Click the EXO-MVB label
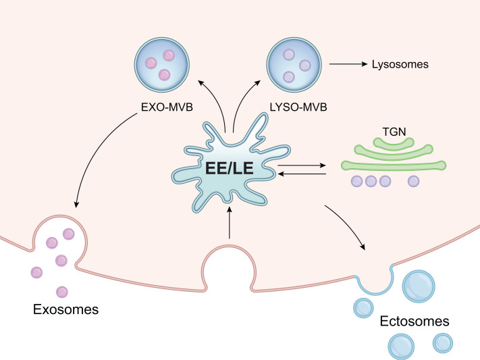[x=167, y=107]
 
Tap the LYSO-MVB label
[x=298, y=107]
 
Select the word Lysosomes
[x=400, y=64]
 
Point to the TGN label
[x=394, y=132]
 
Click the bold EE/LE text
[x=230, y=168]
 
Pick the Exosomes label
[x=65, y=309]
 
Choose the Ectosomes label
[x=415, y=321]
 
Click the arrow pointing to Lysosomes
[x=348, y=64]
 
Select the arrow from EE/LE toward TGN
[x=302, y=165]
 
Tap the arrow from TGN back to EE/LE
[x=302, y=174]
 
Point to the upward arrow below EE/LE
[x=230, y=223]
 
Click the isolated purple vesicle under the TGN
[x=414, y=181]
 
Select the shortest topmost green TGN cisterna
[x=394, y=143]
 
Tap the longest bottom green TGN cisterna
[x=394, y=165]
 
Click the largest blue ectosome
[x=419, y=286]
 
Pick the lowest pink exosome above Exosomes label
[x=62, y=292]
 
